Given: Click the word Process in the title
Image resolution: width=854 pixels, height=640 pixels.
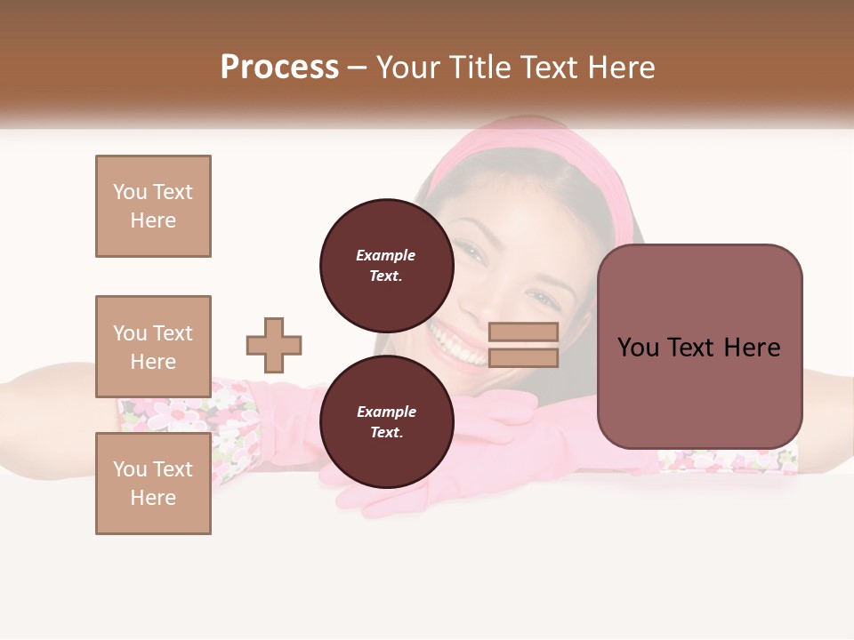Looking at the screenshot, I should pos(279,68).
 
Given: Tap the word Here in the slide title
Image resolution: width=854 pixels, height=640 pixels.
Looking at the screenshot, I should pos(621,68).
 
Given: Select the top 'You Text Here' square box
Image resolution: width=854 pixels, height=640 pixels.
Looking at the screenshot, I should pos(153,206).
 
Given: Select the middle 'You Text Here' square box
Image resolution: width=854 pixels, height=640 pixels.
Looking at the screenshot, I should pos(153,347).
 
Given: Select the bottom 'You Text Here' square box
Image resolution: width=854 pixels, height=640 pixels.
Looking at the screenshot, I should pos(153,484).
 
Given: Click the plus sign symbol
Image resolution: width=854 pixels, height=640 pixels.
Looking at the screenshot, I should pos(274,345).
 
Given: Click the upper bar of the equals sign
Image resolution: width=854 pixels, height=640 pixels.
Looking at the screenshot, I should pos(523,332).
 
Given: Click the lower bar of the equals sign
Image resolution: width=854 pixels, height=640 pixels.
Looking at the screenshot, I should pos(523,358).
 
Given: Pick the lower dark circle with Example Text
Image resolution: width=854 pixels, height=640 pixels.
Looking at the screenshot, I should pos(386,421).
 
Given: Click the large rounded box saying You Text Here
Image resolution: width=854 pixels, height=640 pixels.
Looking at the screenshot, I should pos(699,347).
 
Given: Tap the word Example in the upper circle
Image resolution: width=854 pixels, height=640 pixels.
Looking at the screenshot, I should pos(386,255).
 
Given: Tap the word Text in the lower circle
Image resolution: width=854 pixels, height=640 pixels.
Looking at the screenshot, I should pos(386,432).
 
